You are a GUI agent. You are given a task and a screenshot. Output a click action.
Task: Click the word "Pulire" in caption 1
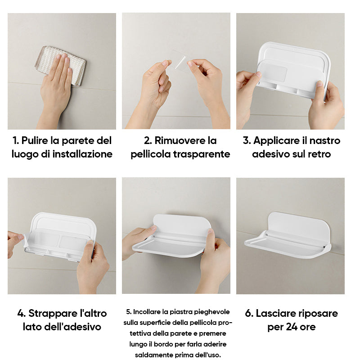coord(36,140)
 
